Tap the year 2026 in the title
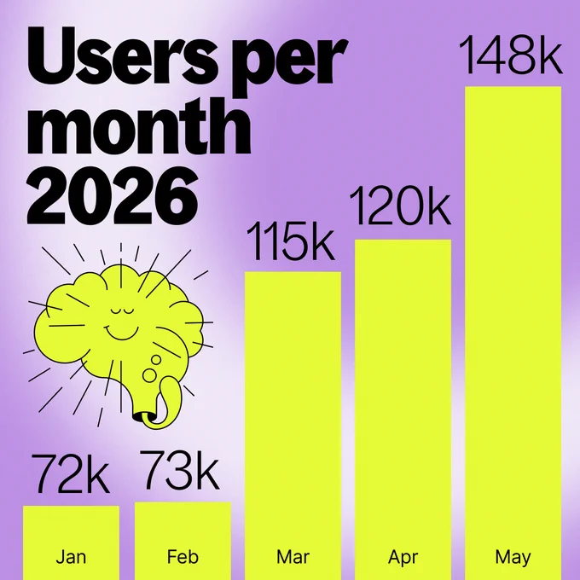click(x=113, y=195)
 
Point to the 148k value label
click(x=511, y=55)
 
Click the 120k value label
click(x=400, y=206)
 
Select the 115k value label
click(x=290, y=241)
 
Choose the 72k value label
click(x=71, y=473)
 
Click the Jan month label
click(x=71, y=557)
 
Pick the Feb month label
click(x=183, y=557)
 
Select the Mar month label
click(x=293, y=557)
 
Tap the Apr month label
click(x=403, y=558)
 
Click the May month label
click(x=513, y=558)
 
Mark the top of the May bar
click(x=513, y=87)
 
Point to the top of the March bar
click(x=293, y=272)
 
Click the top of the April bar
click(x=403, y=240)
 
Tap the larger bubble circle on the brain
click(x=150, y=375)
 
